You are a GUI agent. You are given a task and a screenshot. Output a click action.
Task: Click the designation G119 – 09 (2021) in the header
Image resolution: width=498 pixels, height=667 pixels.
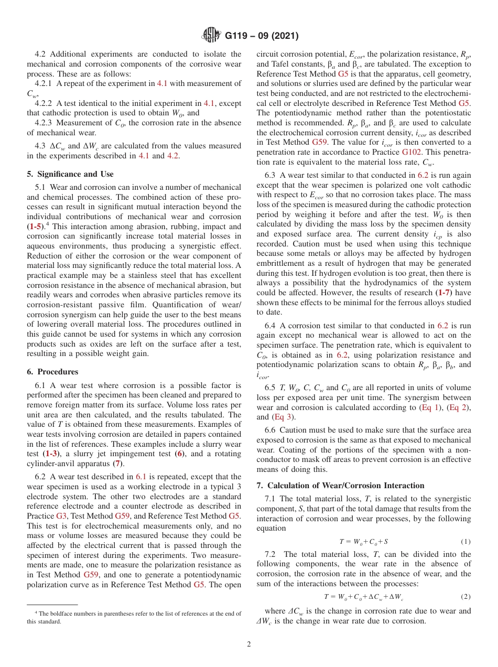click(x=262, y=36)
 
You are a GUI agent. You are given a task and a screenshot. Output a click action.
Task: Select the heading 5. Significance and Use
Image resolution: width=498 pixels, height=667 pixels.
click(x=70, y=174)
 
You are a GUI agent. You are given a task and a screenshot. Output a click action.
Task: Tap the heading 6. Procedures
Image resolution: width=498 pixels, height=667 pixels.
click(x=52, y=372)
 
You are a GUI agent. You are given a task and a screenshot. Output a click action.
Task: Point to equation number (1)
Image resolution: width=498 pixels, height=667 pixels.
click(x=465, y=542)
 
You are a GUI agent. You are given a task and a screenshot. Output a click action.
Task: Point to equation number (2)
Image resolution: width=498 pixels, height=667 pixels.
click(x=465, y=597)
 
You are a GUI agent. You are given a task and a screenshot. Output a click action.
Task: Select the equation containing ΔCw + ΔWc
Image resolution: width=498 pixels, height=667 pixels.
click(x=363, y=597)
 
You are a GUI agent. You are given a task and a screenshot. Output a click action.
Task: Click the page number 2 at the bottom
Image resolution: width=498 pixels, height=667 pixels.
click(x=249, y=644)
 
